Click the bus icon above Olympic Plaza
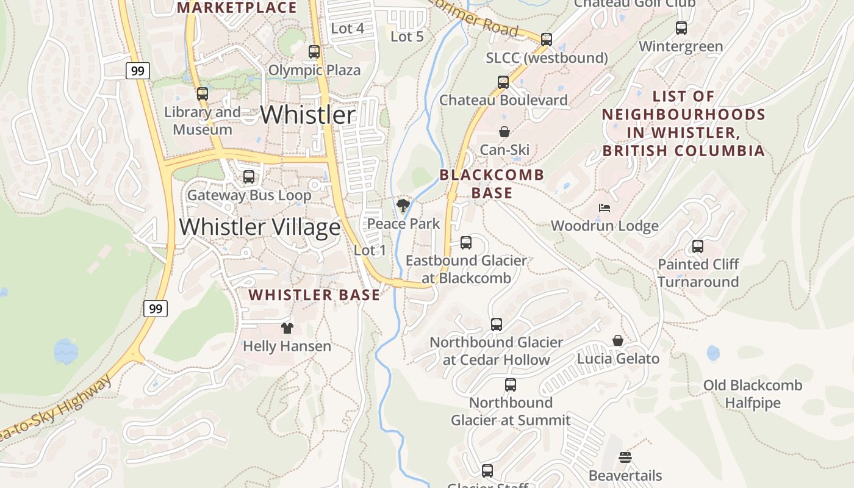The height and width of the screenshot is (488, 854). click(314, 52)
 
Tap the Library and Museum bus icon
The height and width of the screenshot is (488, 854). click(203, 94)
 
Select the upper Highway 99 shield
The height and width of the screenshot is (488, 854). click(138, 71)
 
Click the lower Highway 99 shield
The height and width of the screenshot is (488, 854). click(156, 309)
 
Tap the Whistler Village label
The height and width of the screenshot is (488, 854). click(260, 227)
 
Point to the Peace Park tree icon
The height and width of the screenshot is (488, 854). click(403, 206)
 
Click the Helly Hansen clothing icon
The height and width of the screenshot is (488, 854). click(287, 328)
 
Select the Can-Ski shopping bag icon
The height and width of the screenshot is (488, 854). click(504, 132)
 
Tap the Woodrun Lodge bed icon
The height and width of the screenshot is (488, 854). click(605, 208)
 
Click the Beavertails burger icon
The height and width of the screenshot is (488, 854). click(625, 457)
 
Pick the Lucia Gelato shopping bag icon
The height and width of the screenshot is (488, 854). click(618, 340)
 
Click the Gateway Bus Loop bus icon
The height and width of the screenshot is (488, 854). click(249, 177)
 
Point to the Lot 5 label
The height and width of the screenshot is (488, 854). click(407, 37)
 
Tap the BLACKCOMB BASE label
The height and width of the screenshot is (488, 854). click(492, 184)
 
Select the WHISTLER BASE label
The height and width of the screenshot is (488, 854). click(314, 295)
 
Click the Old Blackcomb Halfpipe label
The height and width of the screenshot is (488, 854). click(753, 394)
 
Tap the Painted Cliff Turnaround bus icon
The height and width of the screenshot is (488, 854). click(698, 246)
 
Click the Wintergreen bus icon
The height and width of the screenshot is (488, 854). click(681, 28)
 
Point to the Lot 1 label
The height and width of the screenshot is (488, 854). click(370, 250)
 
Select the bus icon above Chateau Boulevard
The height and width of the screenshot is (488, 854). click(503, 82)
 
